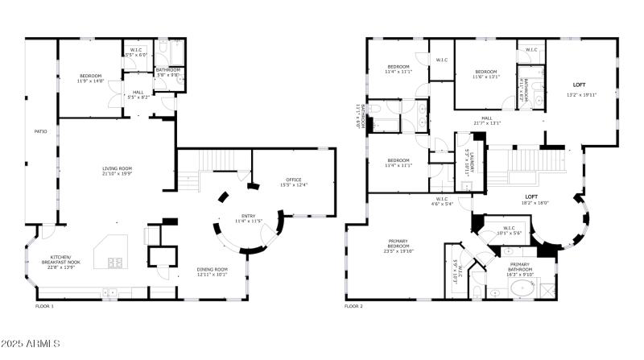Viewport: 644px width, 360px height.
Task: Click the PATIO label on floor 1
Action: pos(40,130)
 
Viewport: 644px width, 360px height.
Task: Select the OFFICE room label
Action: pos(293,182)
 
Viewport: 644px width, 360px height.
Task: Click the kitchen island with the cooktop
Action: pos(110,255)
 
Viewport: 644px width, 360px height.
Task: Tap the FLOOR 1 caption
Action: pos(44,307)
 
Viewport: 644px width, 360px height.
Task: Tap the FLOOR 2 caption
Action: pos(353,307)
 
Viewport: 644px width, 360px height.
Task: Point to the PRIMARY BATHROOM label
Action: pos(519,269)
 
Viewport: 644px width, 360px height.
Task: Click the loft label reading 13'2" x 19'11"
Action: pos(580,89)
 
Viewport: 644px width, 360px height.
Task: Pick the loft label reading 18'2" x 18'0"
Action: pos(531,199)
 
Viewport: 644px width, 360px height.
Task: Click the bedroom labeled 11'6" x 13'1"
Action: pos(487,74)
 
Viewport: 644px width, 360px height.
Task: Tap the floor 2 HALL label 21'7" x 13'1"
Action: pos(487,121)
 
